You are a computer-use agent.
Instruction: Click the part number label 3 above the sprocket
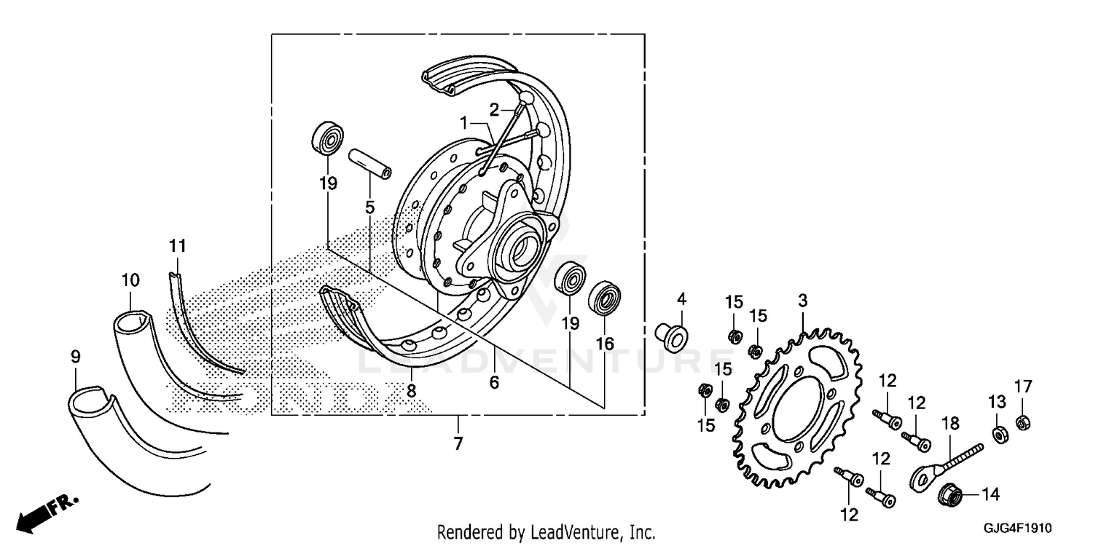802,300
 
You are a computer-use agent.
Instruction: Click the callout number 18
950,423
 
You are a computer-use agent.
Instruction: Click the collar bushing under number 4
671,335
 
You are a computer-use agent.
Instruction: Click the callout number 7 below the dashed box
458,443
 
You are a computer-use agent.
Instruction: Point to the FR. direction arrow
47,512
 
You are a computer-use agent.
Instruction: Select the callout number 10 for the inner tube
130,280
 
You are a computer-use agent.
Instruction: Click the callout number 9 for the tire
76,357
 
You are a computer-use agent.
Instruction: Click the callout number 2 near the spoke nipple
494,110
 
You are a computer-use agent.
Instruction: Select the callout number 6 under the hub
494,381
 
